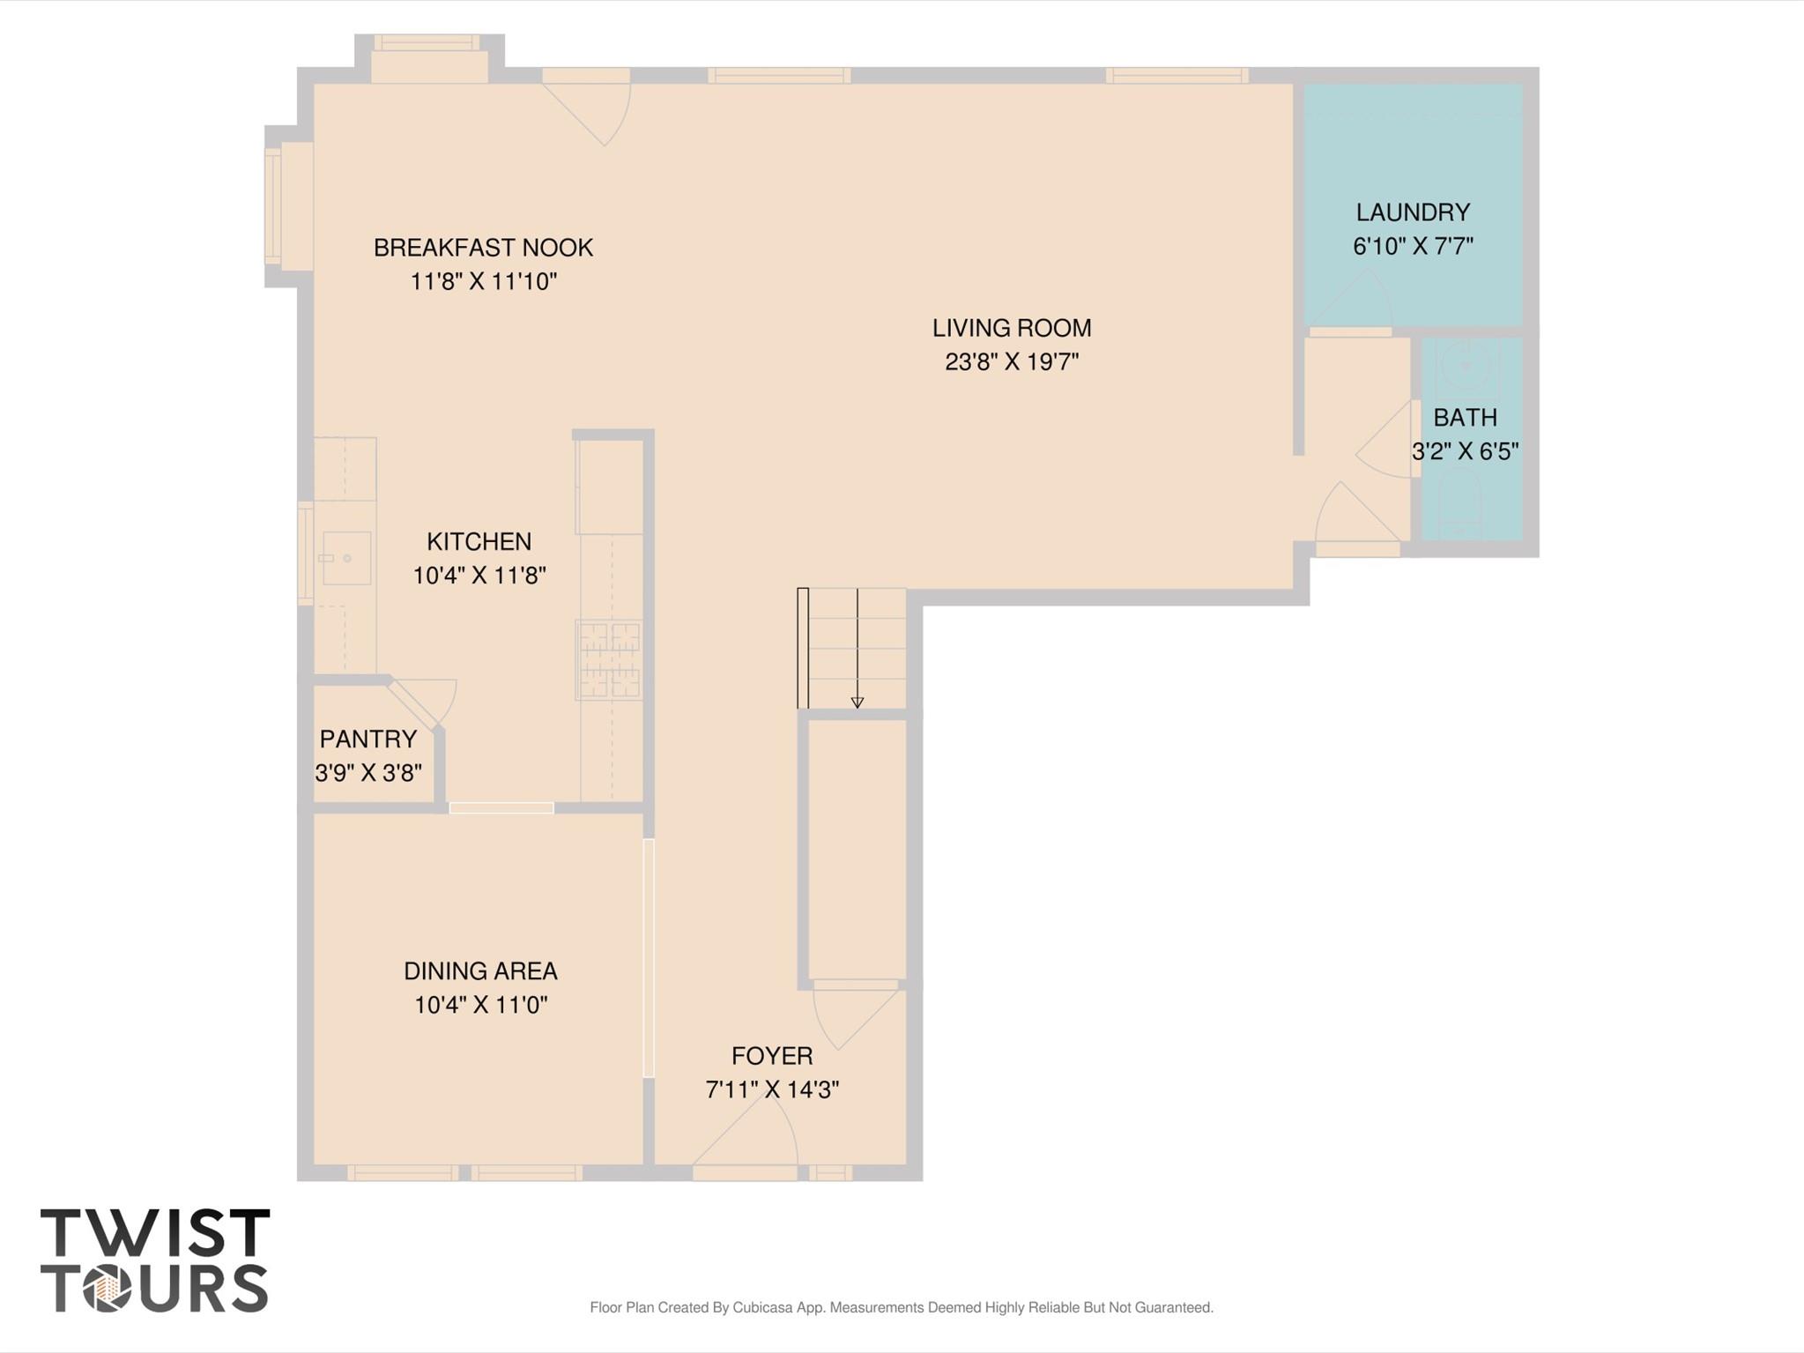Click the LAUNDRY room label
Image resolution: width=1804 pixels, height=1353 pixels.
1413,212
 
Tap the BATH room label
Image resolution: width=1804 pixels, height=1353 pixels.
1465,417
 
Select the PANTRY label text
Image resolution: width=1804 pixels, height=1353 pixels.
368,739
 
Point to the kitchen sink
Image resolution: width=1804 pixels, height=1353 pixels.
346,558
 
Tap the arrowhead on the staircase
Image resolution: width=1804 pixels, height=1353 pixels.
857,703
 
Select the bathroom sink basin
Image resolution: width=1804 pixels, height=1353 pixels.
1466,365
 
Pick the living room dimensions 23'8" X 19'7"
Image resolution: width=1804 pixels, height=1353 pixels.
1012,362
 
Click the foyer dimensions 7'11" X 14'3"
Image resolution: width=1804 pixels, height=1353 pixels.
772,1090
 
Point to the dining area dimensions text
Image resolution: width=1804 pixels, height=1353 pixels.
481,1005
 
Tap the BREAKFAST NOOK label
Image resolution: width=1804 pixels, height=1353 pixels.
483,248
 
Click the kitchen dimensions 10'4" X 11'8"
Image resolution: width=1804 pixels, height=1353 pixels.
479,576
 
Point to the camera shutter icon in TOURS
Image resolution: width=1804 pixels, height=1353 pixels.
107,1290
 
